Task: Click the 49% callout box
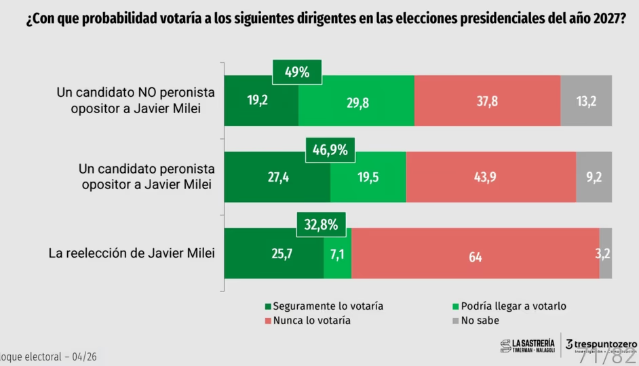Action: (x=296, y=72)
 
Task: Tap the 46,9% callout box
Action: (x=330, y=150)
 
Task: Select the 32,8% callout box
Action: (x=321, y=225)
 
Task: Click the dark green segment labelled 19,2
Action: (x=261, y=100)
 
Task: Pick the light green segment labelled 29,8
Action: (x=356, y=100)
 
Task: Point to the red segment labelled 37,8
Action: (x=487, y=100)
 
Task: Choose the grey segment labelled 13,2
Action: (x=586, y=100)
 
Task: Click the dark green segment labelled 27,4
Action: (x=277, y=177)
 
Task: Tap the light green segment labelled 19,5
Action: (x=368, y=177)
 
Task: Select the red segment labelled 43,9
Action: (x=490, y=177)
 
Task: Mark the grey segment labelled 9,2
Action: (x=594, y=177)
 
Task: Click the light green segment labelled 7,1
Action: (x=337, y=253)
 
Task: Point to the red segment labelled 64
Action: (x=475, y=253)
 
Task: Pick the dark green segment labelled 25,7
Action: (x=274, y=253)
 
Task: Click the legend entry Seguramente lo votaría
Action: (x=324, y=306)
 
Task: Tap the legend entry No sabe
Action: (x=477, y=321)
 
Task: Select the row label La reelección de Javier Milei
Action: (x=132, y=253)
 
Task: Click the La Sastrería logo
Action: (x=527, y=346)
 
